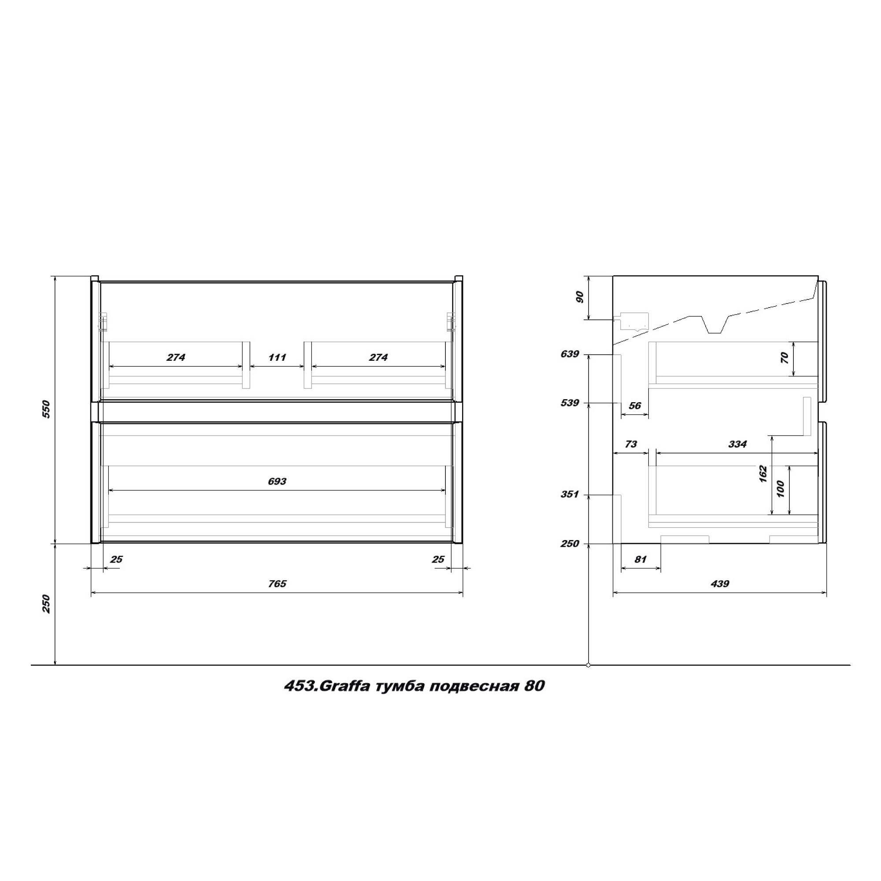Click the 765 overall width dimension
[x=277, y=584]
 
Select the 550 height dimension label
[x=46, y=409]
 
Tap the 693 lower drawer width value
[x=277, y=481]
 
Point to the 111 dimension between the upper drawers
[x=277, y=357]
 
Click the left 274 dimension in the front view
[x=176, y=357]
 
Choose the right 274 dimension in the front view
[x=378, y=357]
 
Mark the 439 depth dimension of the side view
[x=720, y=584]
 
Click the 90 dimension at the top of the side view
[x=580, y=297]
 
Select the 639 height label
[x=570, y=354]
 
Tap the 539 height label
[x=570, y=403]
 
